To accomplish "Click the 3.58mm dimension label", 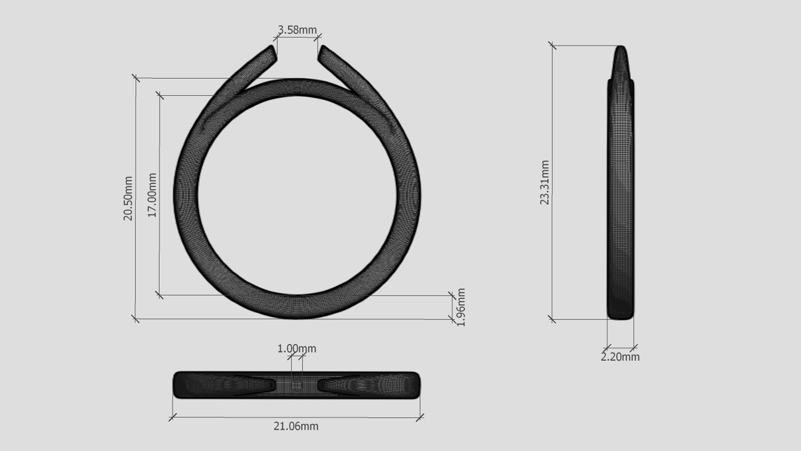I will (297, 30).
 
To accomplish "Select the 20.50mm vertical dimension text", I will (128, 198).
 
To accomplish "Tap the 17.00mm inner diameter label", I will (152, 195).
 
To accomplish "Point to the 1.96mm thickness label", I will (461, 307).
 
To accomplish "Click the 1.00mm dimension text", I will (297, 348).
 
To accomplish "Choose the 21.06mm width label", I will (296, 426).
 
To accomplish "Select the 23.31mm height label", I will (545, 182).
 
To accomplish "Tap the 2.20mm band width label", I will (620, 357).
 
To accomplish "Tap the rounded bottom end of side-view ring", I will (621, 317).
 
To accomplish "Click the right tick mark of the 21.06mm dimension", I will (420, 417).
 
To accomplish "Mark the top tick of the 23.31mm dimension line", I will (552, 46).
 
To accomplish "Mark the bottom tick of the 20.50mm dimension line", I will (135, 319).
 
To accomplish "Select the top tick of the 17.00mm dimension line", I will (159, 96).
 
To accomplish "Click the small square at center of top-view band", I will (297, 386).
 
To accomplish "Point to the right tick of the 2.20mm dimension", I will (634, 347).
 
